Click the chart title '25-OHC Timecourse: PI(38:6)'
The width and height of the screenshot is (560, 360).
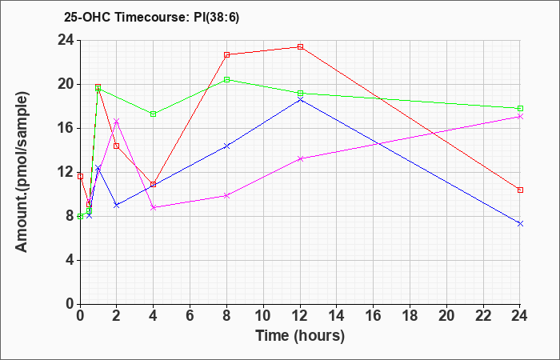pyautogui.click(x=151, y=17)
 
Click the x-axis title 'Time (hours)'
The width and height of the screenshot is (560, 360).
pyautogui.click(x=300, y=336)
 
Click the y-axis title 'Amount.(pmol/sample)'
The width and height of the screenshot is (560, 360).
pyautogui.click(x=22, y=172)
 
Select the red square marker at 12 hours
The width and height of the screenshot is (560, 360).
pyautogui.click(x=300, y=46)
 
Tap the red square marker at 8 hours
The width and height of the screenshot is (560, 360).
pyautogui.click(x=226, y=54)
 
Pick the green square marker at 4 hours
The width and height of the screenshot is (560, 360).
pyautogui.click(x=154, y=114)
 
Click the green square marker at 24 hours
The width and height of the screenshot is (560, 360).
pyautogui.click(x=520, y=108)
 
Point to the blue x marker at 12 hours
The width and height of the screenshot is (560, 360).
pyautogui.click(x=300, y=100)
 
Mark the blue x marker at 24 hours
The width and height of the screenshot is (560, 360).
pyautogui.click(x=520, y=223)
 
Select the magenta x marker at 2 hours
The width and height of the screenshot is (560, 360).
pyautogui.click(x=117, y=121)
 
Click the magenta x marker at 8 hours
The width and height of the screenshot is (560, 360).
pyautogui.click(x=226, y=196)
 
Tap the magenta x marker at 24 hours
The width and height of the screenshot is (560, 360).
pyautogui.click(x=520, y=117)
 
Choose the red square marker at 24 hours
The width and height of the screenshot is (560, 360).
pyautogui.click(x=520, y=190)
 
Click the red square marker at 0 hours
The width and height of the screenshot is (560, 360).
pyautogui.click(x=80, y=177)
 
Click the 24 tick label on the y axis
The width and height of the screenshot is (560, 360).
pyautogui.click(x=66, y=40)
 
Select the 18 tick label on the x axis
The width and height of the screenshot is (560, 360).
pyautogui.click(x=410, y=316)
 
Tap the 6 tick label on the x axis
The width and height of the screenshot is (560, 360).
pyautogui.click(x=190, y=316)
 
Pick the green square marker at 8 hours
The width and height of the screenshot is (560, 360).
pyautogui.click(x=226, y=80)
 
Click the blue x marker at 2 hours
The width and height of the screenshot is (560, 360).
pyautogui.click(x=117, y=205)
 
